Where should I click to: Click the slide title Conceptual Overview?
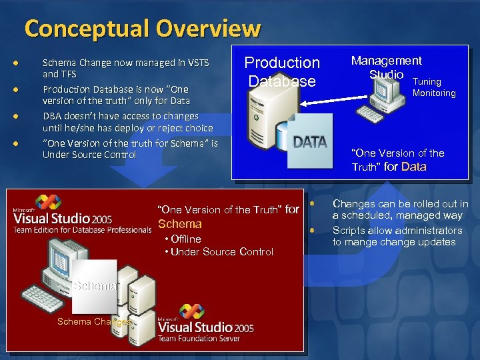tap(142, 29)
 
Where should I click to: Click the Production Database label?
tap(282, 72)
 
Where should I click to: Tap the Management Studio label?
tap(387, 67)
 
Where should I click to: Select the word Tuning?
tap(427, 81)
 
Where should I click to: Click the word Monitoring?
tap(433, 93)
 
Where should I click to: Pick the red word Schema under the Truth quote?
tap(179, 224)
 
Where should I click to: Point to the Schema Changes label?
tap(94, 321)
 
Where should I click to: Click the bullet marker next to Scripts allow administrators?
tap(312, 230)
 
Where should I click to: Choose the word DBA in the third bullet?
tap(53, 116)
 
